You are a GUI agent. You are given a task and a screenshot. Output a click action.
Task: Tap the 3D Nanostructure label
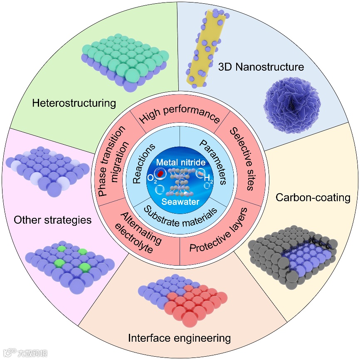(x=261, y=67)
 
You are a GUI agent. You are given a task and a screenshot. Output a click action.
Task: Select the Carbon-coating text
(x=313, y=197)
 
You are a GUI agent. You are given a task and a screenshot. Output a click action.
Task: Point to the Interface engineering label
(x=179, y=338)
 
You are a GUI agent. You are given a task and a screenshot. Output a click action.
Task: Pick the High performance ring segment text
(x=180, y=115)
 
